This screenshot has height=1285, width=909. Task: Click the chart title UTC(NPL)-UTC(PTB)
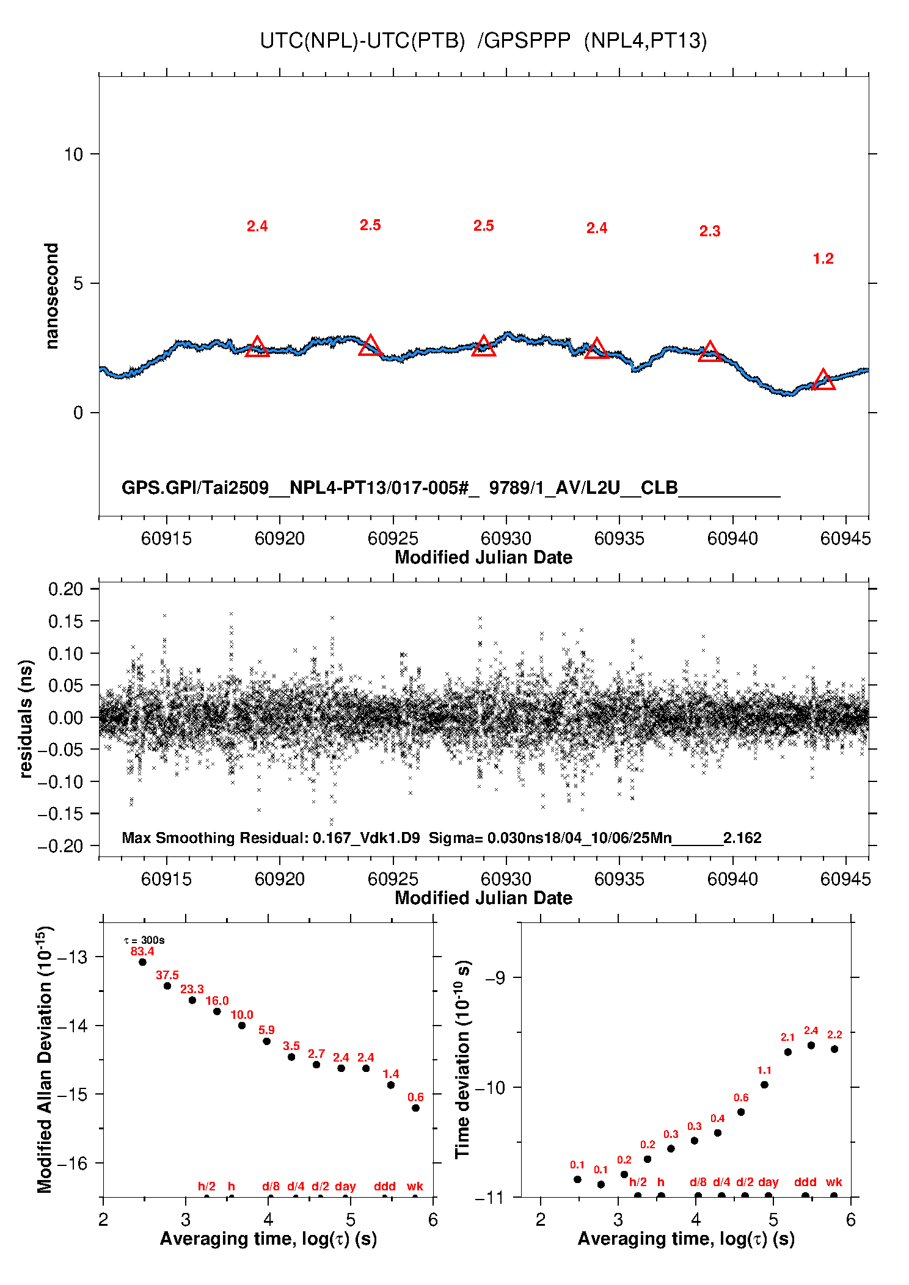(362, 41)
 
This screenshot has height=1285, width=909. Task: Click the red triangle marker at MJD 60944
(823, 379)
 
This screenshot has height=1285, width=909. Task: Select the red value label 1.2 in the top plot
(823, 259)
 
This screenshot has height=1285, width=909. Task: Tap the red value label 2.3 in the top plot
(710, 231)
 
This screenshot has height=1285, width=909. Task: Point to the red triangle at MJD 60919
(257, 346)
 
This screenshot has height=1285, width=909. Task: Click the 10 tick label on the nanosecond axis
(73, 154)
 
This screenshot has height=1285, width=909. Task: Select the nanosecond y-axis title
(52, 296)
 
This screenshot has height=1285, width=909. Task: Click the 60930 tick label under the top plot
(506, 538)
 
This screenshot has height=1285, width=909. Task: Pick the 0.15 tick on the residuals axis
(65, 621)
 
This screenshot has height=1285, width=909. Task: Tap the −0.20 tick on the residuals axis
(60, 846)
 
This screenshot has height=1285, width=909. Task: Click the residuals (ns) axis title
(25, 719)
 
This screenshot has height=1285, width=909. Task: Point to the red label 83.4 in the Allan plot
(142, 952)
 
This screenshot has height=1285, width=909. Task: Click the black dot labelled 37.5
(167, 986)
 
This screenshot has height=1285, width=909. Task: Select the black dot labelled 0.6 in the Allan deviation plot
(415, 1108)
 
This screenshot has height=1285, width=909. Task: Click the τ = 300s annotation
(144, 940)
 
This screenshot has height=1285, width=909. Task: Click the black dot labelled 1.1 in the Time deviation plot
(764, 1085)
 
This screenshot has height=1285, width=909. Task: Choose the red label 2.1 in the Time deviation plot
(787, 1037)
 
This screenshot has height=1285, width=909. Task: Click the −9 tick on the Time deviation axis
(495, 978)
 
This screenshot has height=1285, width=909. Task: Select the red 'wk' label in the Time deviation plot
(834, 1182)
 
